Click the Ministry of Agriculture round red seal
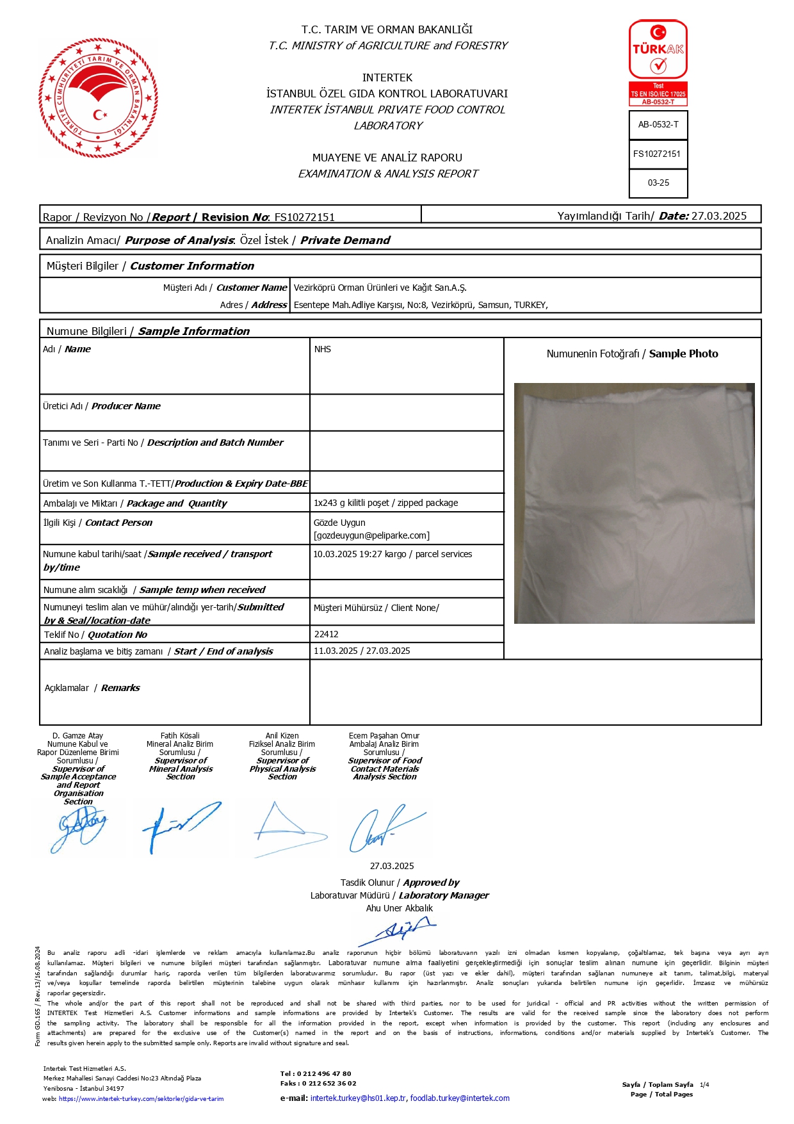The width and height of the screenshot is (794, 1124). tap(98, 97)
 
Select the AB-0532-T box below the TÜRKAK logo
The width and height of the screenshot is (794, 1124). tap(658, 125)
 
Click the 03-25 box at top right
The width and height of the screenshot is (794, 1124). tap(658, 183)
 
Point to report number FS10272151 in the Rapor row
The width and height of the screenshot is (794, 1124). tap(304, 217)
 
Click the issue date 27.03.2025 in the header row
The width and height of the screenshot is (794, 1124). tap(719, 216)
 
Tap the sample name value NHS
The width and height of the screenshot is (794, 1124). tap(323, 349)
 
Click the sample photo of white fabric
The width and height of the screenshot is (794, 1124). tap(634, 503)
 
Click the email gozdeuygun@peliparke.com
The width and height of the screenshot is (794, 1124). tap(371, 535)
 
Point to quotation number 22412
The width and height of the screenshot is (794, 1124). tap(326, 634)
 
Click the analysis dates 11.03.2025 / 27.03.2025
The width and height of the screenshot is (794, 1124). tap(362, 651)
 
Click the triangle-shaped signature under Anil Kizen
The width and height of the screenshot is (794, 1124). tap(281, 826)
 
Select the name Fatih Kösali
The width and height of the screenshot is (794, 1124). tap(180, 736)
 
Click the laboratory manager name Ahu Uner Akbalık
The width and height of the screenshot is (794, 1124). tap(399, 908)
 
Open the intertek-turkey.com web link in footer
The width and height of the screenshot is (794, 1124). tap(141, 1098)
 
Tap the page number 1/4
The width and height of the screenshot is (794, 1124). tap(704, 1084)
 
